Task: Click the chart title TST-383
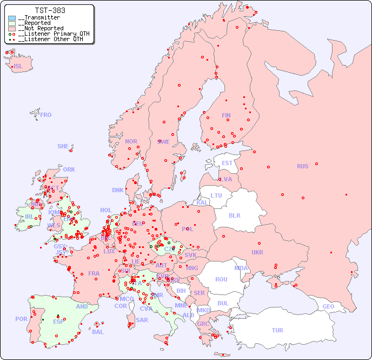tap(50, 10)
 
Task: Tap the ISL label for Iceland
tap(18, 66)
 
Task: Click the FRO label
tap(46, 115)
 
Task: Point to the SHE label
tap(63, 146)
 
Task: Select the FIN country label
tap(226, 115)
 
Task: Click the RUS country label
tap(302, 166)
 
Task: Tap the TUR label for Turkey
tap(277, 330)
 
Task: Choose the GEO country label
tap(328, 306)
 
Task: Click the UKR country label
tap(257, 252)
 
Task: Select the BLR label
tap(234, 215)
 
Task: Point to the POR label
tap(21, 319)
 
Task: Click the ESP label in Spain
tap(58, 321)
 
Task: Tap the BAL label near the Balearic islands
tap(98, 332)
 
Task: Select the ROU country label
tap(221, 279)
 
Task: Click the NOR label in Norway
tap(131, 141)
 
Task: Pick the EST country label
tap(227, 163)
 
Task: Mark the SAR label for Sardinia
tap(142, 320)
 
